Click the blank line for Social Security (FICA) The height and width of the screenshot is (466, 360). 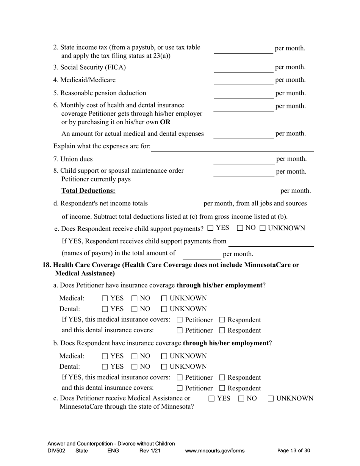(x=243, y=69)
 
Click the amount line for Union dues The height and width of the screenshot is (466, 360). (x=243, y=161)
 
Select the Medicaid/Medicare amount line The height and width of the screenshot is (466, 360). (x=243, y=81)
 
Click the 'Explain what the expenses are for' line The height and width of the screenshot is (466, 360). (x=233, y=148)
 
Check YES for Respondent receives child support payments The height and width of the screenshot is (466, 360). (x=211, y=228)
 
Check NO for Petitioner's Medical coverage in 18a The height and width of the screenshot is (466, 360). (x=135, y=299)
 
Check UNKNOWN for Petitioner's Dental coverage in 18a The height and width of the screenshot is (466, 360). (x=164, y=309)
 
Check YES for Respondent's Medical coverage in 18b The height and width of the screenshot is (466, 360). (x=105, y=357)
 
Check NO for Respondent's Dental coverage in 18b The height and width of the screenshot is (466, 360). (x=135, y=367)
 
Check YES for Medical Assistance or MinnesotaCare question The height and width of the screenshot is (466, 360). (x=212, y=399)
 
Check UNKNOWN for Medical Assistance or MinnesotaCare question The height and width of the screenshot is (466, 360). (x=271, y=399)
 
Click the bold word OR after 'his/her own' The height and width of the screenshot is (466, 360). (x=165, y=122)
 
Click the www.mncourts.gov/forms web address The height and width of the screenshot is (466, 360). (x=214, y=451)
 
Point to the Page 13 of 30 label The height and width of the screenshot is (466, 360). (x=294, y=451)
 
